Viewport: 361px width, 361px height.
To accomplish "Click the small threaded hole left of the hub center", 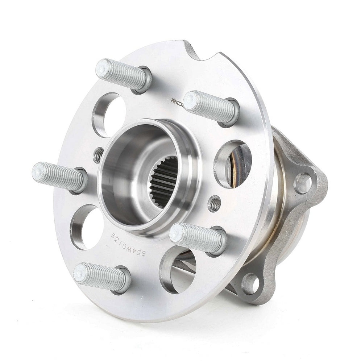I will point(98,155).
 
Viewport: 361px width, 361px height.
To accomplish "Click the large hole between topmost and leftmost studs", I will point(109,114).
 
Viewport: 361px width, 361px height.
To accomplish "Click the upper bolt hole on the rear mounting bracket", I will point(302,183).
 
